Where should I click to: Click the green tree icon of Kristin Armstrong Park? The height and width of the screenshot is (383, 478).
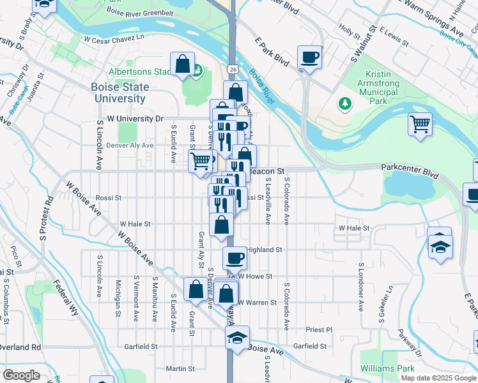[345, 103]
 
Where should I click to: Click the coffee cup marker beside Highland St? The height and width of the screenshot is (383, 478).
[235, 258]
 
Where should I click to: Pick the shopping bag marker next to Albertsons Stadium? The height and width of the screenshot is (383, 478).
[183, 64]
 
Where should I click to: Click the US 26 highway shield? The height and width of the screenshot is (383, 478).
[231, 68]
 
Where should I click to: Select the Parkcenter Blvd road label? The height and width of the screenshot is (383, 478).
[410, 167]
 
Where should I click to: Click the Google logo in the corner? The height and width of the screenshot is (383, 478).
[21, 375]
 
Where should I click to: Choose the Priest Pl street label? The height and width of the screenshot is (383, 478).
[320, 330]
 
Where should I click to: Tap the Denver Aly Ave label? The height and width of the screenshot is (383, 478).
[130, 146]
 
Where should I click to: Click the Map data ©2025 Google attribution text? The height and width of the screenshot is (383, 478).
[438, 378]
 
